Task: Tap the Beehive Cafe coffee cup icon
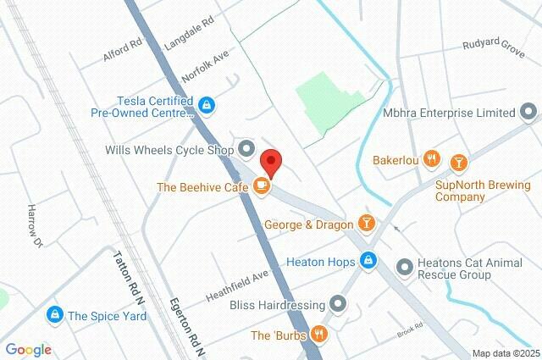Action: coord(262,185)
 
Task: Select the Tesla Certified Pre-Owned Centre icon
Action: coord(206,105)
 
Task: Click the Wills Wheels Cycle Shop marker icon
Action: coord(246,150)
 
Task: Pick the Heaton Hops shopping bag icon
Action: coord(368,261)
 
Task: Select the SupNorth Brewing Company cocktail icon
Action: coord(458,161)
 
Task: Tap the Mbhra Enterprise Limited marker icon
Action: coord(529,112)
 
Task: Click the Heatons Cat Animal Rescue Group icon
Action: coord(403,269)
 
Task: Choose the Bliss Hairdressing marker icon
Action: coord(339,302)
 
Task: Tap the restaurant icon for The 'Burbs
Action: coord(318,335)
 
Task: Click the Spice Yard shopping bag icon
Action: coord(56,315)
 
